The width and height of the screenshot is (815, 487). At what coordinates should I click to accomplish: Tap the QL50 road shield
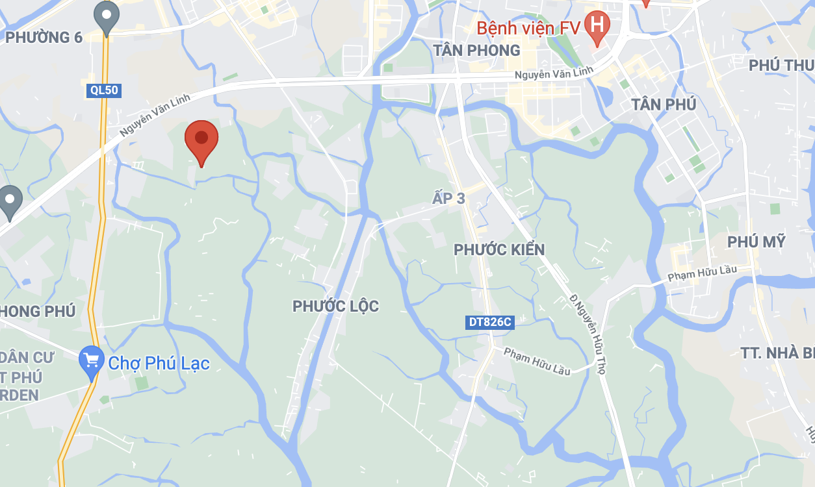coord(103,90)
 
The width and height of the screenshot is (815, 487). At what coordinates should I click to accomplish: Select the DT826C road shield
coord(489,321)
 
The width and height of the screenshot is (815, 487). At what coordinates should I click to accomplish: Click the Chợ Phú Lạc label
coord(159,363)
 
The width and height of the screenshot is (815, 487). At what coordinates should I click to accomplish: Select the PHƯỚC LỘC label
coord(335,306)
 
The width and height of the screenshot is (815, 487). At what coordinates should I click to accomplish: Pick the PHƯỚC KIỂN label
coord(499,249)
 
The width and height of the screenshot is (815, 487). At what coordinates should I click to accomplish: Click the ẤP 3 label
coord(449,198)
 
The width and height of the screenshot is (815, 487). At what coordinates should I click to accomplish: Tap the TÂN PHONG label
coord(477,50)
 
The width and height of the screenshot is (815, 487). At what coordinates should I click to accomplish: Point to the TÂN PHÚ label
coord(664,105)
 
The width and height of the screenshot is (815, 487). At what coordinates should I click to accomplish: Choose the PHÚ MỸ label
coord(757,242)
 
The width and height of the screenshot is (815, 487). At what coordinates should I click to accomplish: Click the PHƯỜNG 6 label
coord(44,37)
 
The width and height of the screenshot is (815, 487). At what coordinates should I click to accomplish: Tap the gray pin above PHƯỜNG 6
coord(106,16)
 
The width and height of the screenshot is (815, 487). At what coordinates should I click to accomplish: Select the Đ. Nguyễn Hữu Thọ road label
coord(588,333)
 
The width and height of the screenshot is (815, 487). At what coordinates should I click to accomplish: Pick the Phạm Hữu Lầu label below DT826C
coord(537,362)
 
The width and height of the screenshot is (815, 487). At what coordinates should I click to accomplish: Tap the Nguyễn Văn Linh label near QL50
coord(155,115)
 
